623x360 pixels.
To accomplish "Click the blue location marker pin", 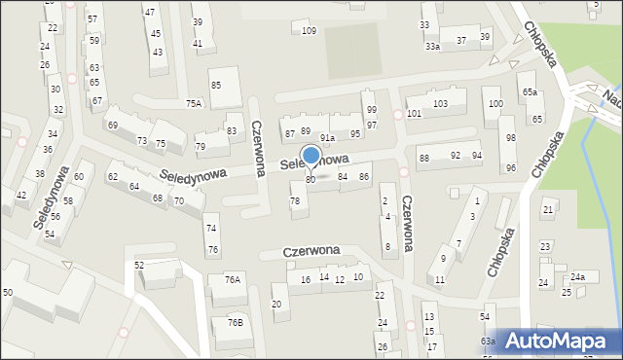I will pos(311,156).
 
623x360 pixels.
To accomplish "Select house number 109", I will pos(309,31).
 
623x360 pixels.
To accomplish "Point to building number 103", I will pos(440,103).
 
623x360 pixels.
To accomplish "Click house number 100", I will pos(495,103).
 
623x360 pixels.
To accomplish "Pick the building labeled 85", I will pos(216,86).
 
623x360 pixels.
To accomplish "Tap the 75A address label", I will pos(194,103).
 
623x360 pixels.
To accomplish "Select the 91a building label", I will pos(327,138).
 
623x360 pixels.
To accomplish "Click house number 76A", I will pos(232,279).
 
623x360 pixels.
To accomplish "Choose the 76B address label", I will pos(235,322).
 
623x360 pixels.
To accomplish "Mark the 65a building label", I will pos(529,91).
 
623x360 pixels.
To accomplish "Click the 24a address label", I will pos(578,277).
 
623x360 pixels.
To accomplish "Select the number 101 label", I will pos(415,114).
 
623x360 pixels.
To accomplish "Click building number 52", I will pos(139,265).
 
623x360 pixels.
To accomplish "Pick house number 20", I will pos(276,305).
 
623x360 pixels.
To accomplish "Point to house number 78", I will pos(295,200).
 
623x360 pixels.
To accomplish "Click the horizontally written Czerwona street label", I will pos(311,250).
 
